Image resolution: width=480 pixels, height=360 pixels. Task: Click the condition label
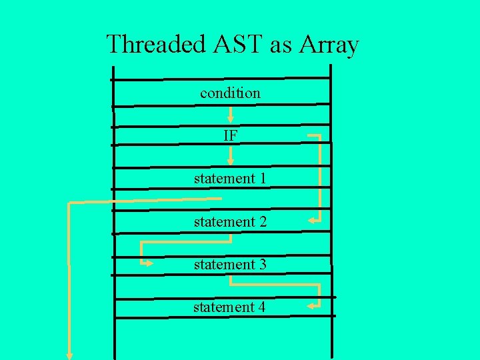pyautogui.click(x=230, y=93)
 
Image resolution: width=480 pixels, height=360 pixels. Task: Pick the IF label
pyautogui.click(x=230, y=135)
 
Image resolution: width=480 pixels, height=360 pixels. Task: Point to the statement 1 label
pyautogui.click(x=230, y=179)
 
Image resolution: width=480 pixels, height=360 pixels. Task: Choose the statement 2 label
pyautogui.click(x=230, y=221)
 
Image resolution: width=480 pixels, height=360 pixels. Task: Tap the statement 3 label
pyautogui.click(x=230, y=264)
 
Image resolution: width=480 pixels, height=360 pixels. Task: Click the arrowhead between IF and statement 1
pyautogui.click(x=230, y=161)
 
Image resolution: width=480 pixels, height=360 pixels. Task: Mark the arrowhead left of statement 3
pyautogui.click(x=149, y=264)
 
